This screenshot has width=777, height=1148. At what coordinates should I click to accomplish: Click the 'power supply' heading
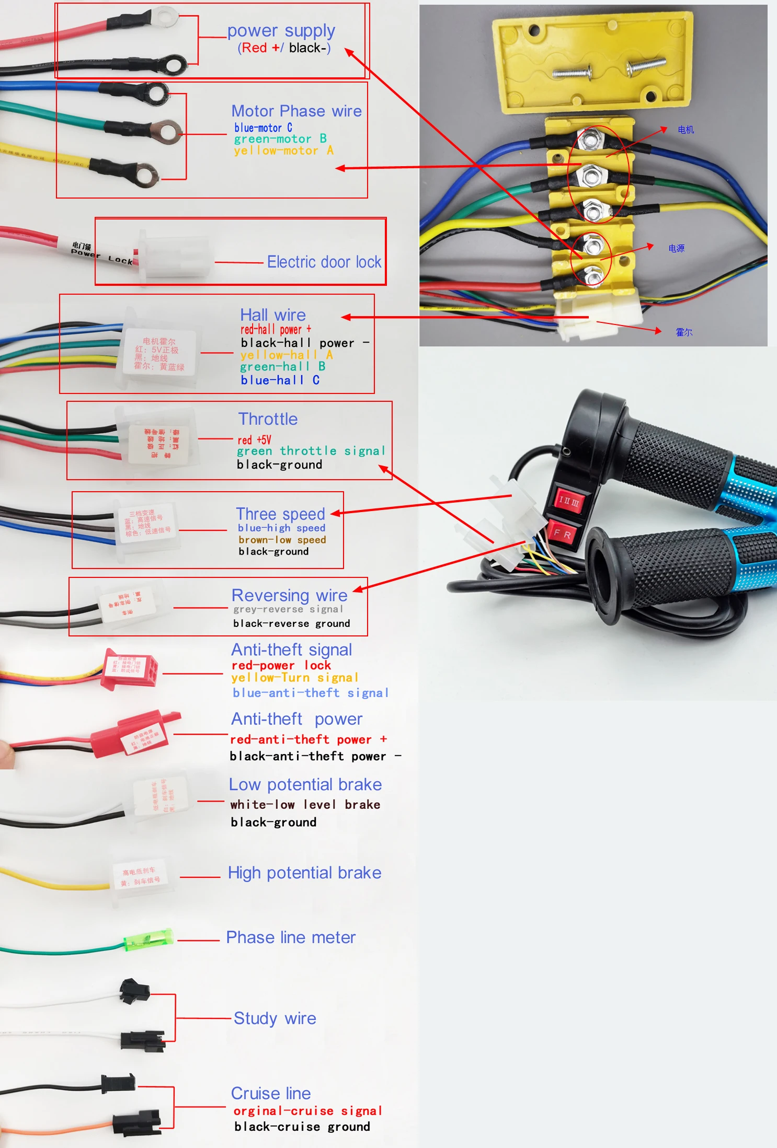coord(281,31)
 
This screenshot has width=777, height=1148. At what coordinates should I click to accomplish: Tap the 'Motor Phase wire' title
coord(296,111)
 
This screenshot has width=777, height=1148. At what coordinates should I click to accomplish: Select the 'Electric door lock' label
coord(324,262)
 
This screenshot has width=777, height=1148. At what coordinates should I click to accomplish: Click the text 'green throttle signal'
coord(311,451)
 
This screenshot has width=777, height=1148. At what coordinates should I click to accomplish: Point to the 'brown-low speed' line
coord(282,540)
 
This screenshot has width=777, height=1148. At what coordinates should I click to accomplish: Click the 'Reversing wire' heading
coord(289,595)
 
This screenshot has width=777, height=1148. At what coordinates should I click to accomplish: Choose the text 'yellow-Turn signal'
coord(294,678)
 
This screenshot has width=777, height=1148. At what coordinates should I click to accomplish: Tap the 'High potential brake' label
coord(304,873)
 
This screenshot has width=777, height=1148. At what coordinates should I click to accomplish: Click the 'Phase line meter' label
coord(291,937)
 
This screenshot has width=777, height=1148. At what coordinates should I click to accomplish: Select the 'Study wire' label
coord(275,1018)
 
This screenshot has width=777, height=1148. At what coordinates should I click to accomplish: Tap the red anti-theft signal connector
coord(131,669)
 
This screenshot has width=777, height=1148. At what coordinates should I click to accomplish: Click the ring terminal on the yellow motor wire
coord(145,174)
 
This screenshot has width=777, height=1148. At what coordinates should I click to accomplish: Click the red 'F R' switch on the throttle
coord(562,534)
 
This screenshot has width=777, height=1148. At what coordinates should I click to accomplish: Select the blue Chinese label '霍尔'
coord(683,332)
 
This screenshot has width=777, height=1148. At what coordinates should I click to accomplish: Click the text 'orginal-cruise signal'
coord(307,1110)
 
